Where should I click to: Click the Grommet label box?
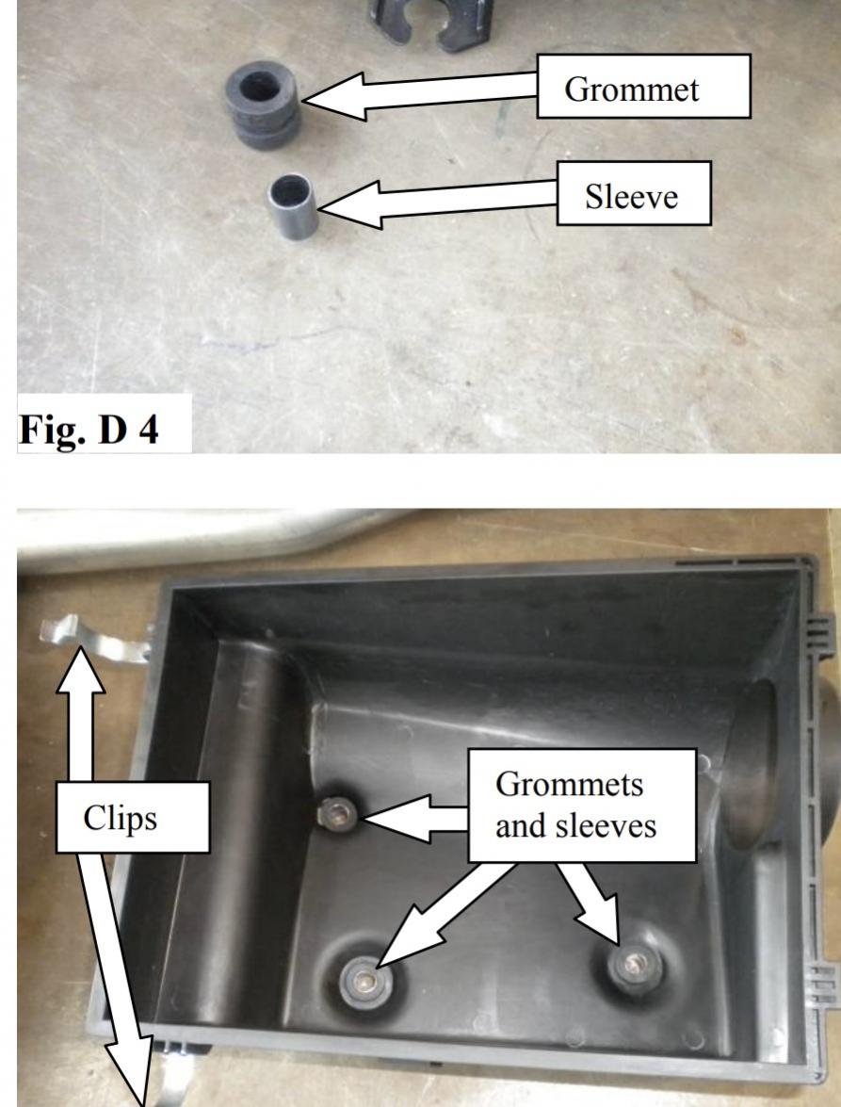tap(643, 86)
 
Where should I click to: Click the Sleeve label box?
tap(634, 193)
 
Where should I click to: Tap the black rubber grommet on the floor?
tap(263, 104)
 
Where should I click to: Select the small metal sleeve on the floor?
tap(292, 206)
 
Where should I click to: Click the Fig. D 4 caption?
tap(89, 429)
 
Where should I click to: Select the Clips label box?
tap(133, 817)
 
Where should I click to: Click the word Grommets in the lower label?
tap(570, 784)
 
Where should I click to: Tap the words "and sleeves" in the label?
tap(575, 826)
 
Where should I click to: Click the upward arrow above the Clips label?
tap(80, 713)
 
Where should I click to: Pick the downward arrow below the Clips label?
tap(117, 978)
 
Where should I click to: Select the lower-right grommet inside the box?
tap(635, 964)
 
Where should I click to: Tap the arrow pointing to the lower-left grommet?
tap(445, 914)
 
